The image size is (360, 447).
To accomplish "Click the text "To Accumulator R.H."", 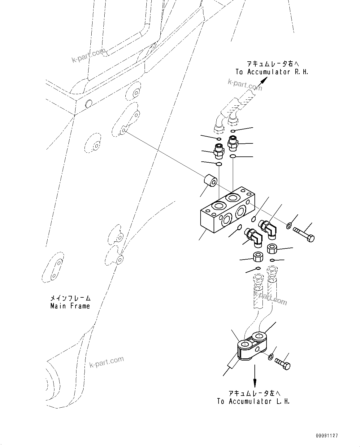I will coord(272,72).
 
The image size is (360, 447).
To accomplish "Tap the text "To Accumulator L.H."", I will coord(253,401).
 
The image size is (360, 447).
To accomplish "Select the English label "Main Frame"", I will coord(70,306).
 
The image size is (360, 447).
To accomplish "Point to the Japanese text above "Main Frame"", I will coord(71,298).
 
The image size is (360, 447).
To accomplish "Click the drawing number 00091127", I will coord(327,436).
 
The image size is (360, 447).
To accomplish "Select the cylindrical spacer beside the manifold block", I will coord(210,181).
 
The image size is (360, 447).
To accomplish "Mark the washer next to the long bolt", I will coord(289,226).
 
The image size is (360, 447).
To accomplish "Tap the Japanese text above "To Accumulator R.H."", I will coord(273,64).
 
